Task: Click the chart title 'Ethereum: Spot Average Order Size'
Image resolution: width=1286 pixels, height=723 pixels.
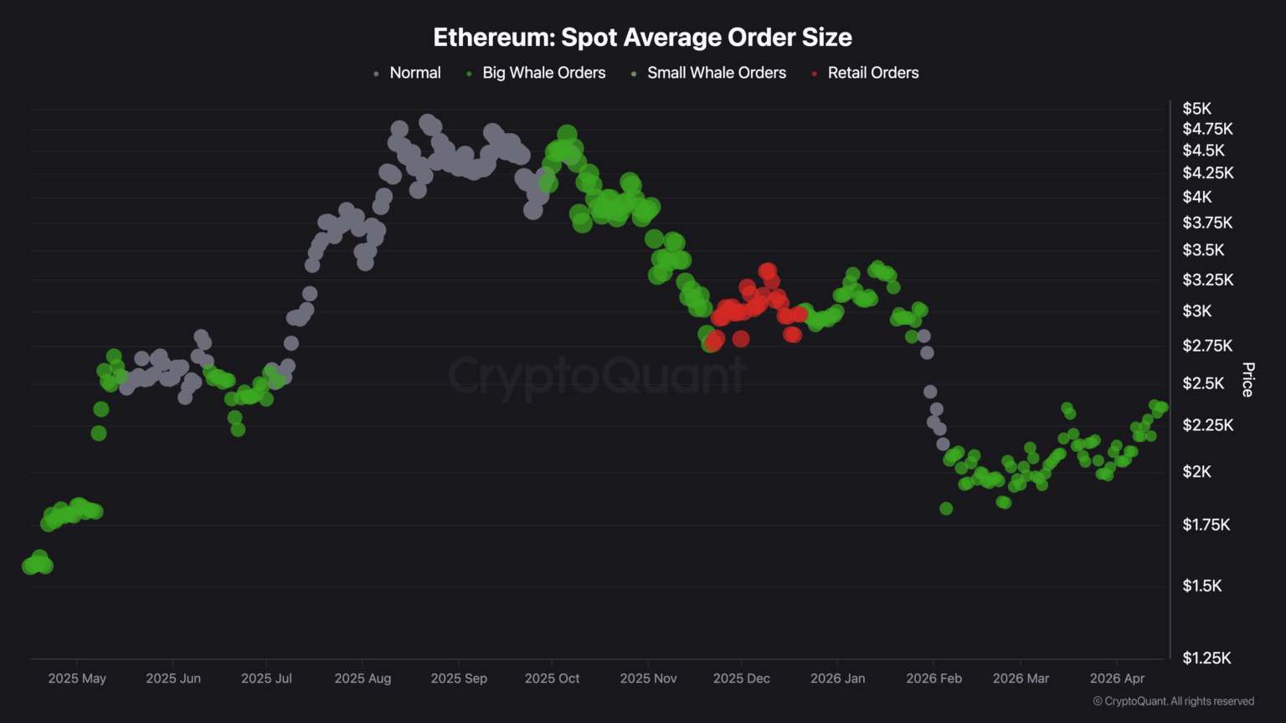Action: point(642,38)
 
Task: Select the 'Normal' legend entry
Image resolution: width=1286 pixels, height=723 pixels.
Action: point(414,73)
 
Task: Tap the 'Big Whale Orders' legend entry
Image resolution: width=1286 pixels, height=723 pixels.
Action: point(543,73)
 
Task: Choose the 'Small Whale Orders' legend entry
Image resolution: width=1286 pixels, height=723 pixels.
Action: point(716,73)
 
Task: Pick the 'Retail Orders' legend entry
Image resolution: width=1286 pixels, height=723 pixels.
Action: point(872,73)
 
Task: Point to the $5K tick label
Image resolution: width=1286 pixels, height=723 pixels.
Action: point(1196,109)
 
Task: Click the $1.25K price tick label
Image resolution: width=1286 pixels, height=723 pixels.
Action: point(1206,659)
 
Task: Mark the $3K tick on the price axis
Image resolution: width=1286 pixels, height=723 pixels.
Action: point(1196,311)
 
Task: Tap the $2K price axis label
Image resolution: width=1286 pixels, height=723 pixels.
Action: point(1196,472)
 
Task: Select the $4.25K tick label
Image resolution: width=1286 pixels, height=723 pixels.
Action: point(1207,173)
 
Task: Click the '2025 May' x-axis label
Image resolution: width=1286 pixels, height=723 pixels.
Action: point(77,679)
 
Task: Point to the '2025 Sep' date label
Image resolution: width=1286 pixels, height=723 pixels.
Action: point(459,679)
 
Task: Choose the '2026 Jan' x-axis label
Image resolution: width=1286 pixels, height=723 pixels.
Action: point(837,679)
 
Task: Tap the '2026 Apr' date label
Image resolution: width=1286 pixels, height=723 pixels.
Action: point(1117,679)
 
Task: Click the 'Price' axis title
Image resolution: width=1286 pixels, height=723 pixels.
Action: point(1247,380)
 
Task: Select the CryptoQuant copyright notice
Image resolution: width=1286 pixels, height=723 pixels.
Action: point(1173,701)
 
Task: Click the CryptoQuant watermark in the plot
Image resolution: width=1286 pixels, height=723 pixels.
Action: point(596,376)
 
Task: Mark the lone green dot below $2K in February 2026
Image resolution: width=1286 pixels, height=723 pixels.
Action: point(946,509)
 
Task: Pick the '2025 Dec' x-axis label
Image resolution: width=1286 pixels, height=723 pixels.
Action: point(741,679)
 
